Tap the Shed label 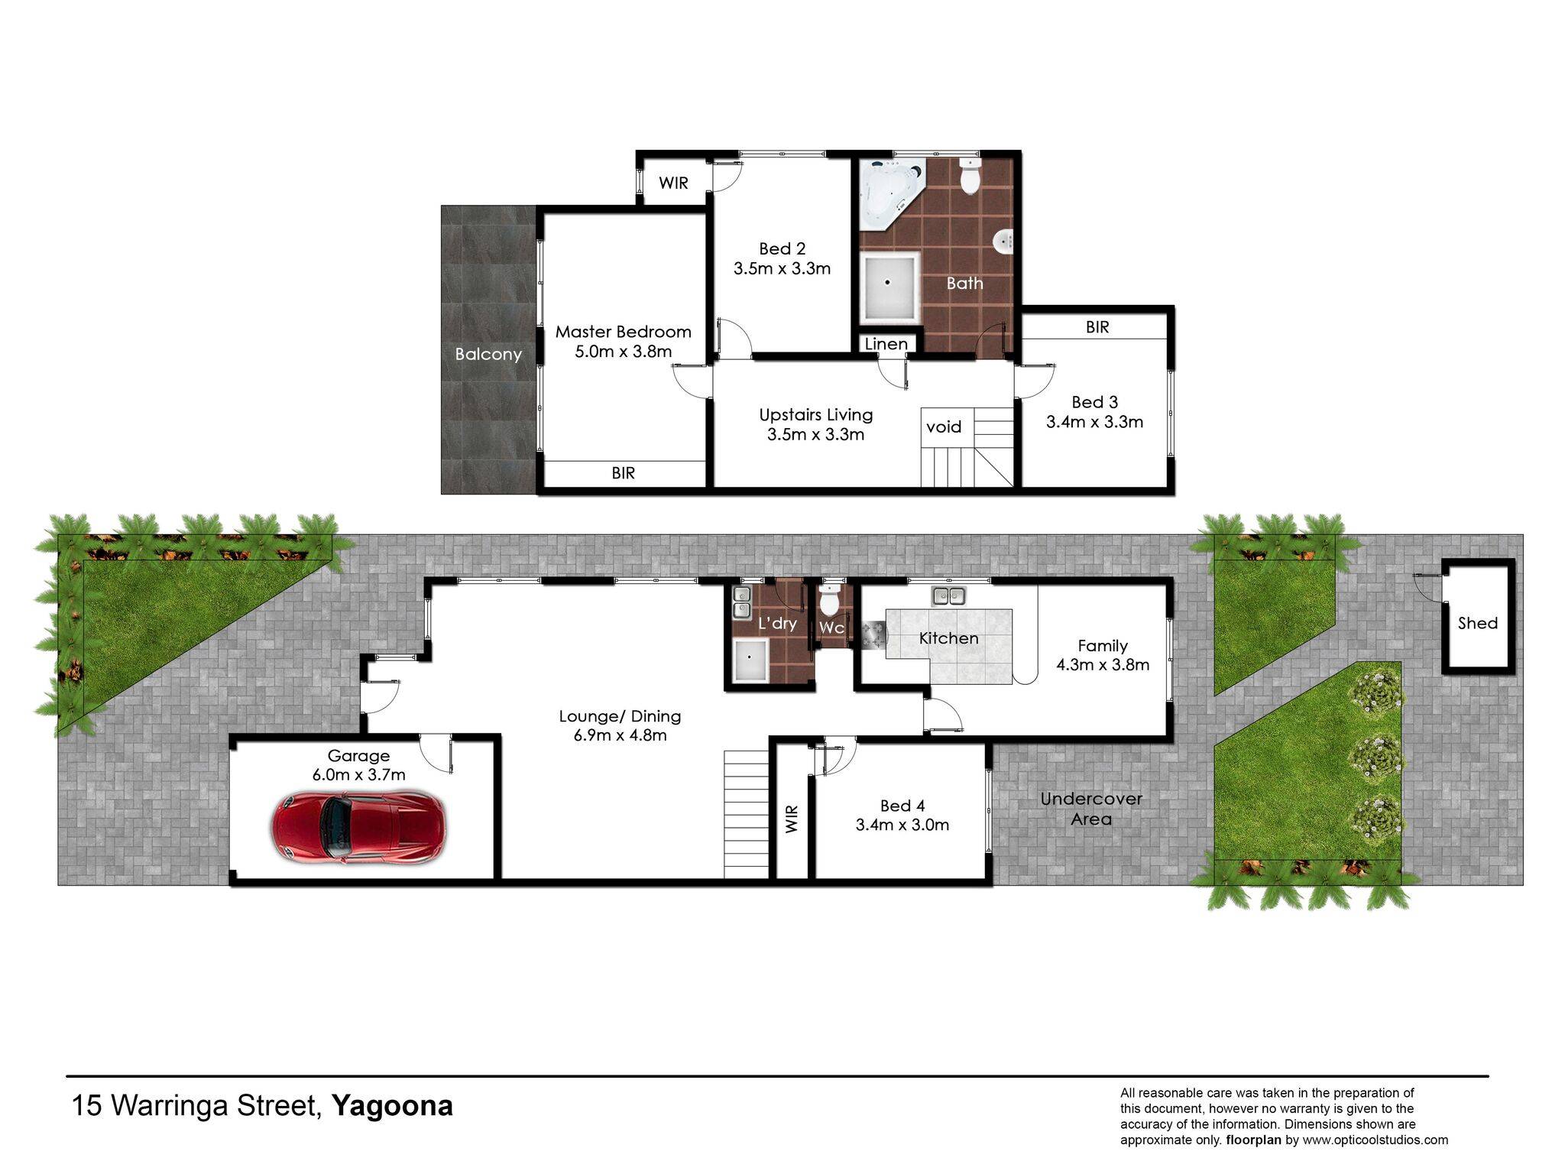point(1477,623)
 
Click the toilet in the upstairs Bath point(970,176)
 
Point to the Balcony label point(488,354)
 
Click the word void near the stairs point(944,426)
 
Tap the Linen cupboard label point(886,344)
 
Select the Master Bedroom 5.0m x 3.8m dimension point(624,352)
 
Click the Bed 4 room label point(902,806)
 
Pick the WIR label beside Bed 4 point(792,819)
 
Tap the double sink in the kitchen point(948,595)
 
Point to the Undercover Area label point(1091,809)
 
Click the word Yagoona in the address point(392,1106)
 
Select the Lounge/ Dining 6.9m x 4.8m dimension point(620,735)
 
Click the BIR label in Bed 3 point(1097,327)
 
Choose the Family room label point(1103,646)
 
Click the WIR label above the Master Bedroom point(673,183)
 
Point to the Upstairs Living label point(816,415)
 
